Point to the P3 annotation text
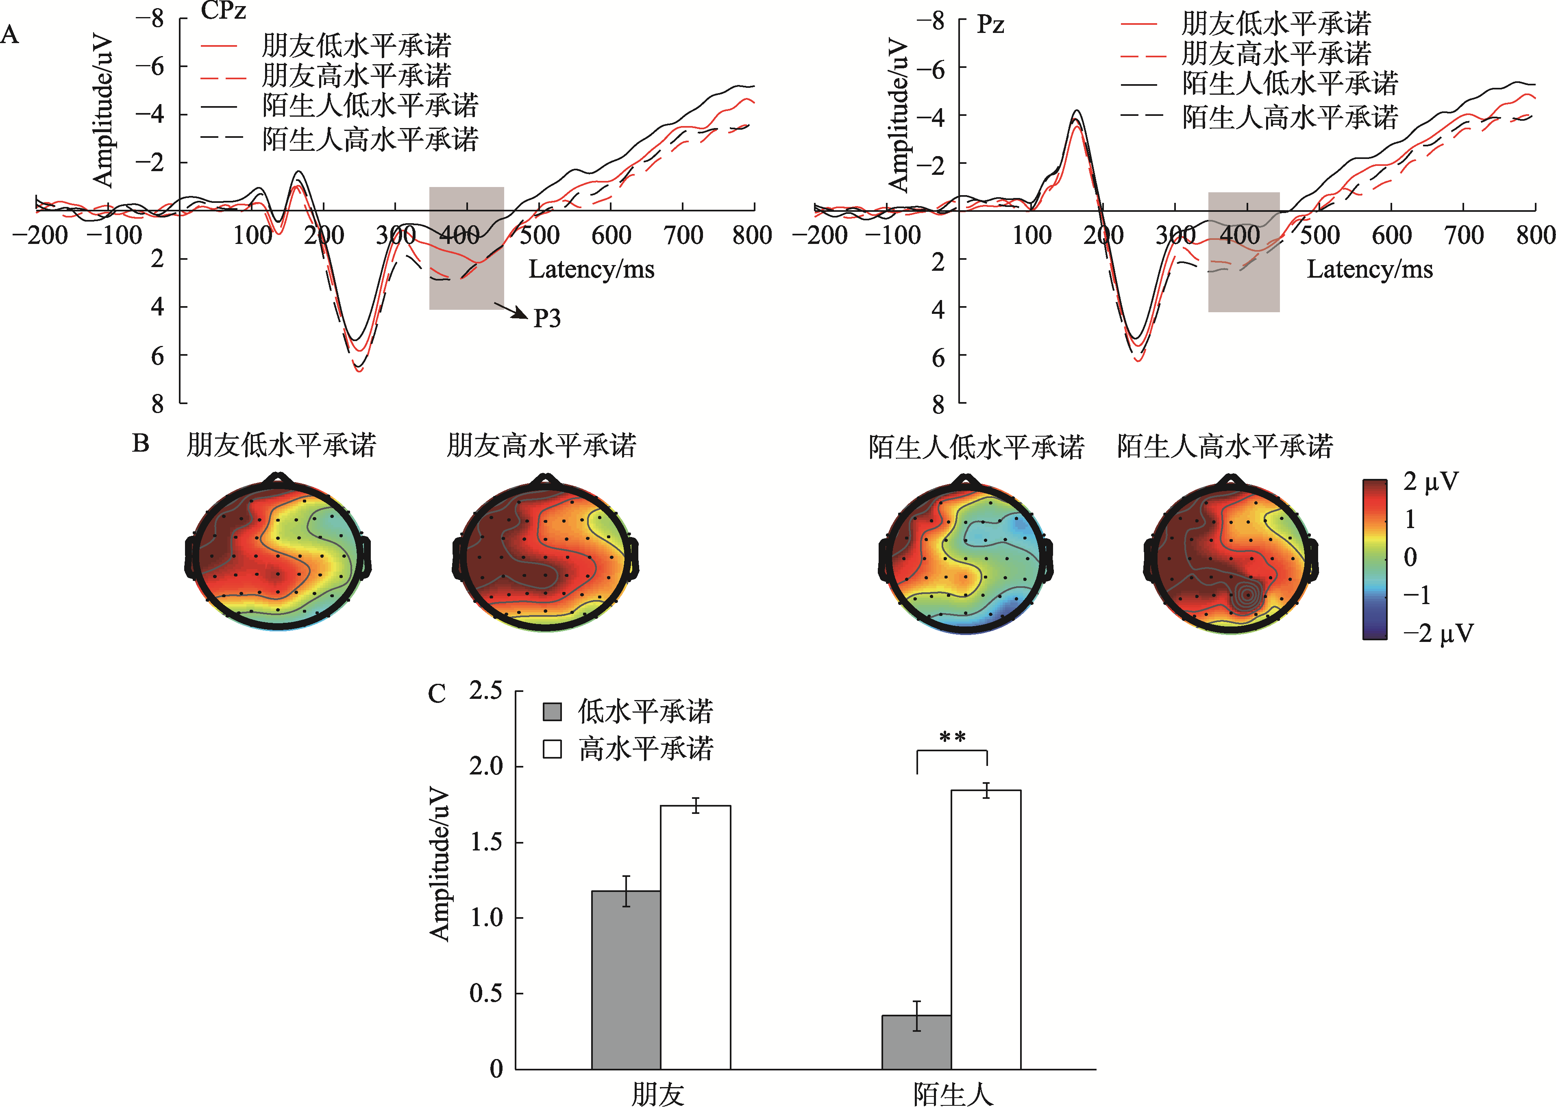coord(546,318)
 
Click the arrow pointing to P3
coord(511,311)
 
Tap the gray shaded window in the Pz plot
coord(1243,252)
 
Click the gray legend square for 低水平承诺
coord(552,711)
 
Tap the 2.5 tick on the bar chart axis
coord(485,691)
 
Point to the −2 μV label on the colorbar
coord(1437,633)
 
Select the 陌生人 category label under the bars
coord(953,1093)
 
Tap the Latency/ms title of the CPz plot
coord(591,269)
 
